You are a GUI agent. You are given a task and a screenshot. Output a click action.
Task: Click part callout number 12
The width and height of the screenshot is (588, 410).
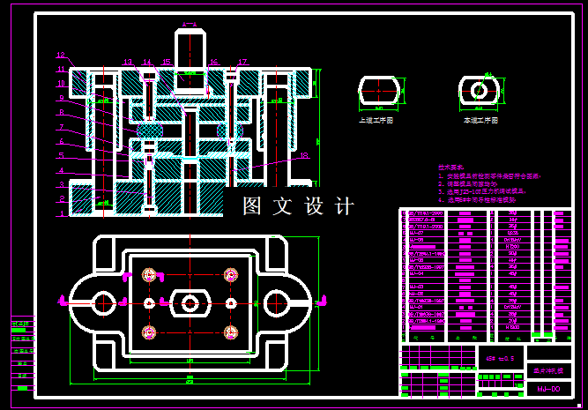click(x=61, y=55)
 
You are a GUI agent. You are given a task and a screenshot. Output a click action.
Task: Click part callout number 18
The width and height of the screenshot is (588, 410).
click(x=303, y=155)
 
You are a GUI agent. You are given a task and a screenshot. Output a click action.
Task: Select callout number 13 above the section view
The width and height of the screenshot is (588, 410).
click(x=128, y=62)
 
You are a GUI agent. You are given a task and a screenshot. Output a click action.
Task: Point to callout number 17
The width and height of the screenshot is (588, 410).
click(x=242, y=62)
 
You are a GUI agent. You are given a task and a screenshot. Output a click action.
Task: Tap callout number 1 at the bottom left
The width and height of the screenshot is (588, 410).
click(x=61, y=212)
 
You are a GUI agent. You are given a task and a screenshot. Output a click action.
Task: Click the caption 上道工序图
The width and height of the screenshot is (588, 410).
click(x=376, y=119)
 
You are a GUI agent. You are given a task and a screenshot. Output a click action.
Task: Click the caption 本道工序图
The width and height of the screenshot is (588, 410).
click(x=480, y=119)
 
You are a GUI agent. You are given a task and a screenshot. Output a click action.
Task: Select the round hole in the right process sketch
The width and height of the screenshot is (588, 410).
click(x=479, y=90)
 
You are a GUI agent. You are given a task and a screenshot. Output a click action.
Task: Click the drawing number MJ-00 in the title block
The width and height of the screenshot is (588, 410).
click(x=548, y=388)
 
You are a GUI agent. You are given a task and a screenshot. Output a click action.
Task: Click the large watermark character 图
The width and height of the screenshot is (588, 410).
click(x=255, y=206)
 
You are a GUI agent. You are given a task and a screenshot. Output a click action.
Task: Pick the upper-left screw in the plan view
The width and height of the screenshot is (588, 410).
click(x=146, y=273)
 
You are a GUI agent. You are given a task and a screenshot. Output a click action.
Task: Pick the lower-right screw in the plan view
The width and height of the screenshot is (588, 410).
click(x=232, y=332)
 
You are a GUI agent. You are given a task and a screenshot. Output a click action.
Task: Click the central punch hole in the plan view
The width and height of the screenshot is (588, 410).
click(x=189, y=302)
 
